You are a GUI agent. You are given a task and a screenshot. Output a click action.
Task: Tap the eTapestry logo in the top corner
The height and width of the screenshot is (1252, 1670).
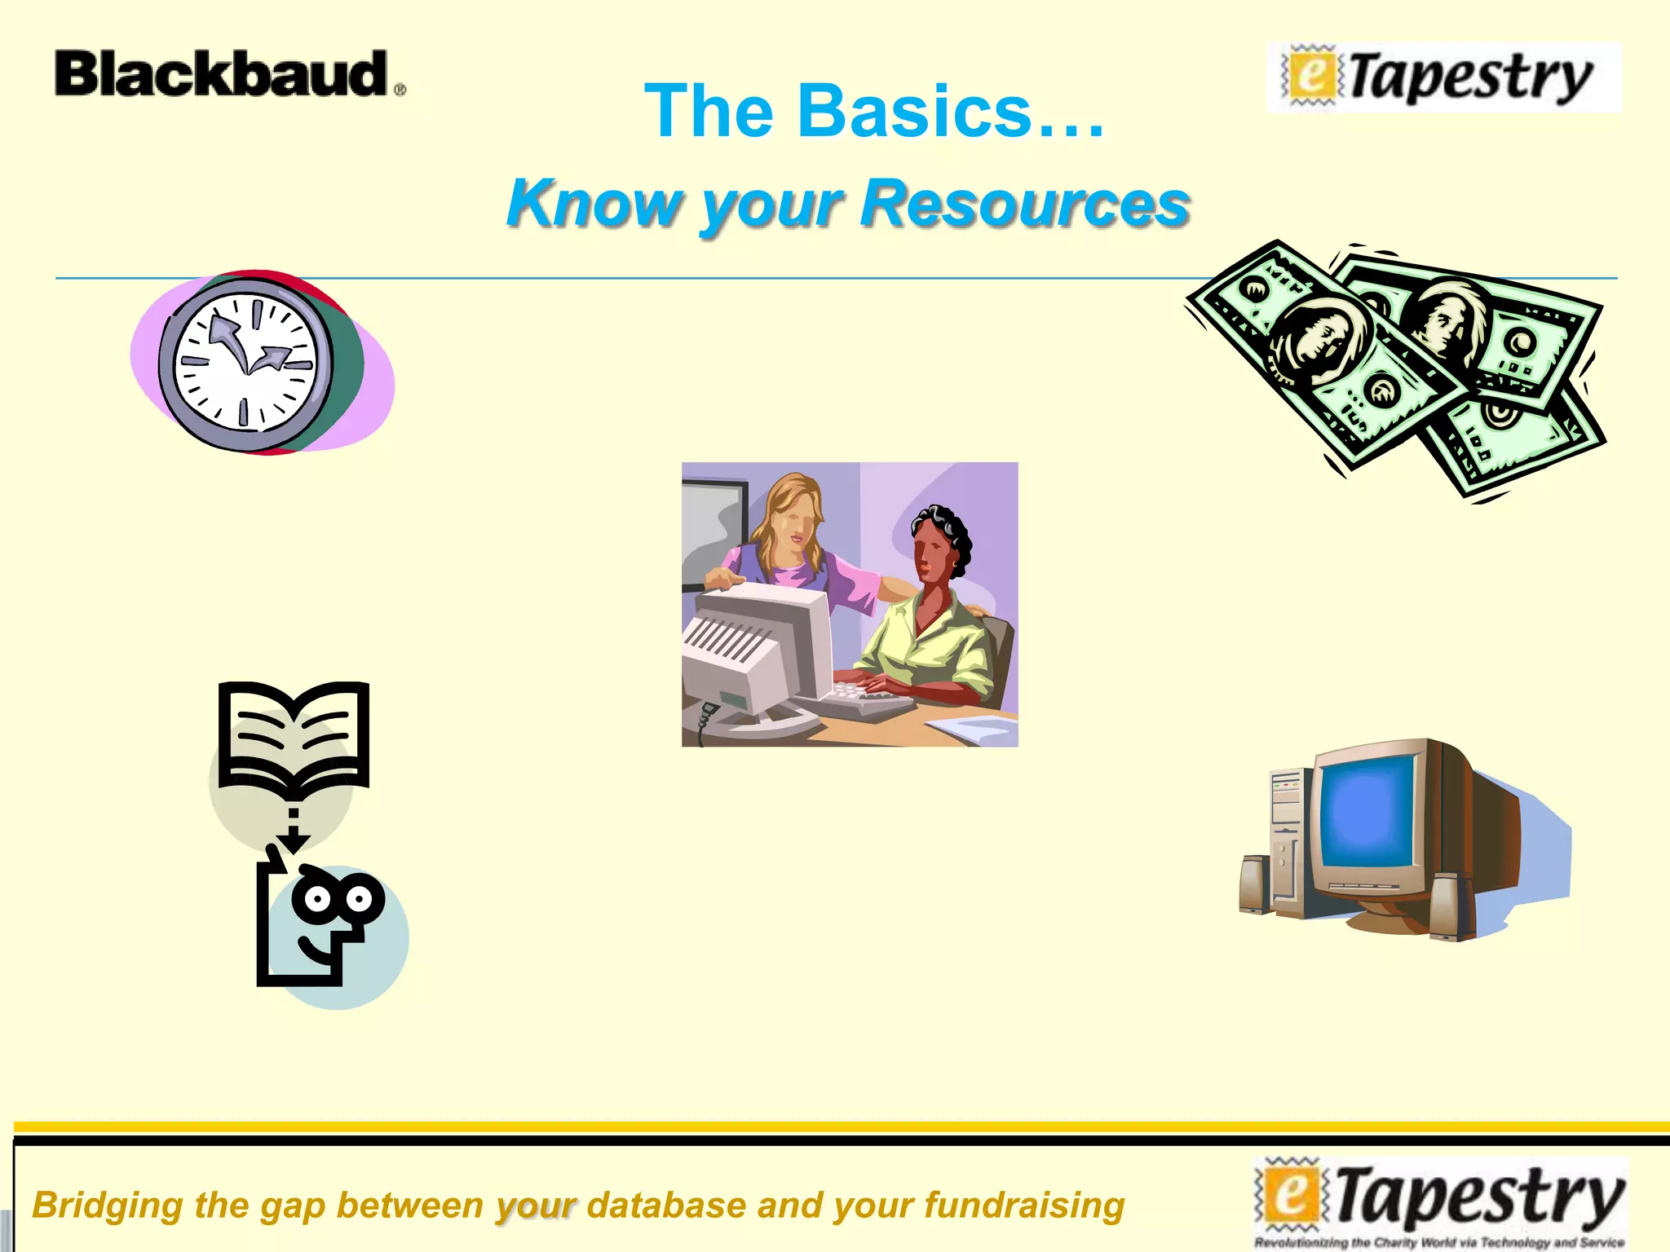[x=1443, y=78]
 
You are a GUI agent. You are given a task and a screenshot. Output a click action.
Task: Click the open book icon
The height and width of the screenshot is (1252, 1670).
[x=294, y=734]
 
